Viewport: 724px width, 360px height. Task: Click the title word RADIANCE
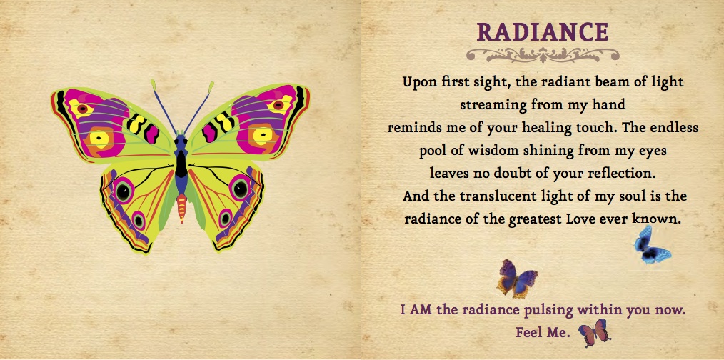pyautogui.click(x=543, y=32)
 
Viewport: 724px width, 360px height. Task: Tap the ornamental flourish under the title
pyautogui.click(x=543, y=55)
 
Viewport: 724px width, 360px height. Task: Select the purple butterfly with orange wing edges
pyautogui.click(x=517, y=278)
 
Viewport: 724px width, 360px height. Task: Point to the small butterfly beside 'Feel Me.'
pyautogui.click(x=595, y=332)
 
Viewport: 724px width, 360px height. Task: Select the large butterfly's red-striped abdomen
pyautogui.click(x=181, y=207)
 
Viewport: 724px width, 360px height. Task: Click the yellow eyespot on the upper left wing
pyautogui.click(x=99, y=138)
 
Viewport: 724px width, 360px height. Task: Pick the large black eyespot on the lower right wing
pyautogui.click(x=240, y=189)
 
